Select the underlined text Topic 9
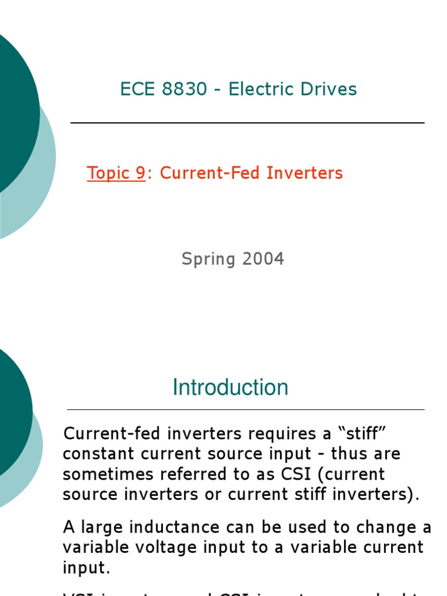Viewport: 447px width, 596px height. click(x=116, y=173)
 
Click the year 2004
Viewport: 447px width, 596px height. click(x=262, y=258)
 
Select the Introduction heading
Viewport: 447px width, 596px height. click(x=230, y=388)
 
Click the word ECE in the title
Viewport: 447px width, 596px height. click(x=137, y=89)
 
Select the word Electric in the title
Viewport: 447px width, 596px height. click(x=260, y=89)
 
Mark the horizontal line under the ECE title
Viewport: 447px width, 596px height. click(x=247, y=123)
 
